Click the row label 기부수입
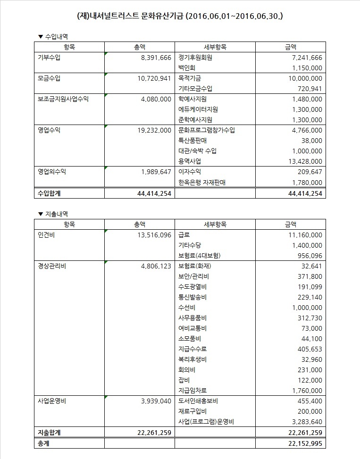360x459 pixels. (x=49, y=58)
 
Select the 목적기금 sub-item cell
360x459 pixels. (x=190, y=78)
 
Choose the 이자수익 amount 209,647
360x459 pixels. (x=307, y=172)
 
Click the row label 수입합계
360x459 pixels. (x=49, y=193)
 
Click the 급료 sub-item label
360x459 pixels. (x=184, y=235)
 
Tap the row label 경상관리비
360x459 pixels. (x=52, y=266)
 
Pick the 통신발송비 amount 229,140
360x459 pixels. (x=307, y=297)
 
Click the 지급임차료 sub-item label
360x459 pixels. (x=193, y=391)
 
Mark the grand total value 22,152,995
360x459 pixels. (x=301, y=443)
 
